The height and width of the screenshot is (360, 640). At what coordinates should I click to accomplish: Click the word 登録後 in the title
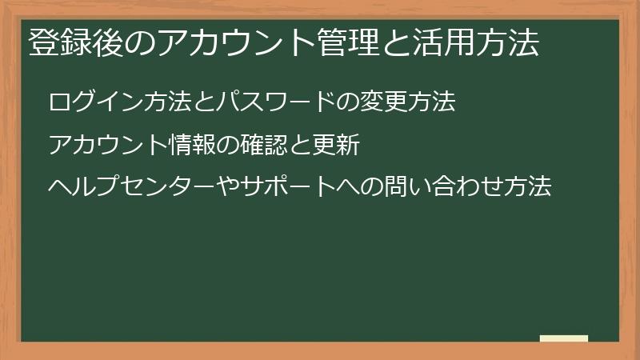pyautogui.click(x=66, y=42)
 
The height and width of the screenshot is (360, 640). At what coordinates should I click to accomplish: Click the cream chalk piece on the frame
pyautogui.click(x=563, y=338)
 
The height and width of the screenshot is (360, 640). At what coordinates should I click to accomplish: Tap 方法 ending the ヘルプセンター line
pyautogui.click(x=530, y=189)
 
